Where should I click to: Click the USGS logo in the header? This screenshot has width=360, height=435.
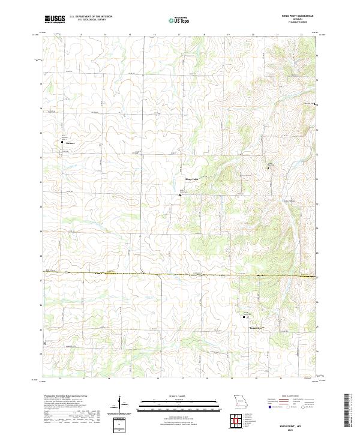pyautogui.click(x=55, y=19)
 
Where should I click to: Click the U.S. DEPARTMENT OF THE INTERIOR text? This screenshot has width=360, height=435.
pyautogui.click(x=91, y=17)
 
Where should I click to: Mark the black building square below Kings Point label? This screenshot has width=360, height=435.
pyautogui.click(x=181, y=194)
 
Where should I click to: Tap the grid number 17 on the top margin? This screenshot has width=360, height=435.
pyautogui.click(x=179, y=35)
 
